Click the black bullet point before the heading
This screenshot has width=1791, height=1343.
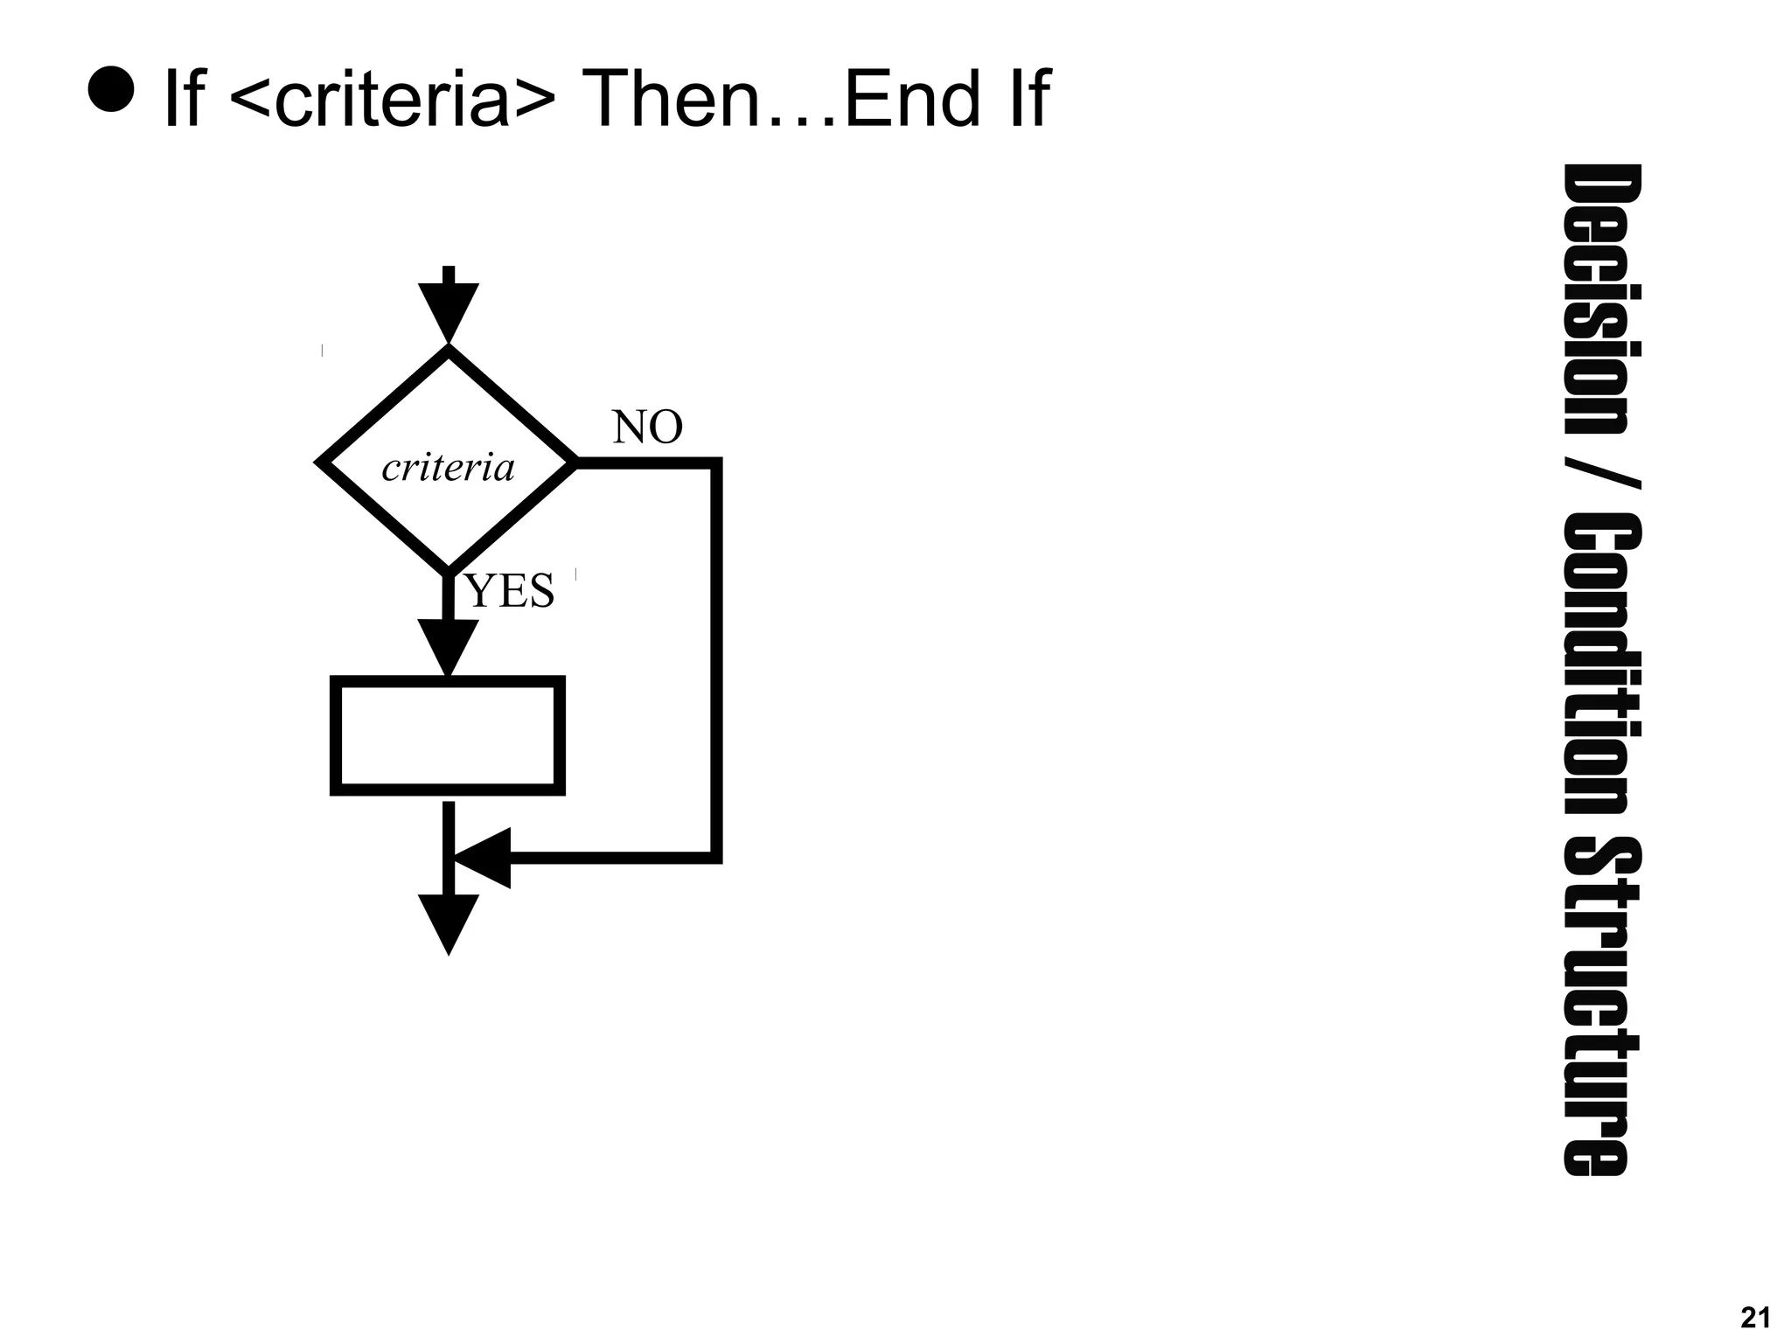111,89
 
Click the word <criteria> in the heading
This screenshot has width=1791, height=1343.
391,100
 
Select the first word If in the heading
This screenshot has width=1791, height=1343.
184,100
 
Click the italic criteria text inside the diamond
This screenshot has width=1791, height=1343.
448,468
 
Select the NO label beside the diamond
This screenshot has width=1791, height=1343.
647,428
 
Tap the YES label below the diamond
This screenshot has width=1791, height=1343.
511,591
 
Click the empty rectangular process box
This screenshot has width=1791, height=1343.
448,735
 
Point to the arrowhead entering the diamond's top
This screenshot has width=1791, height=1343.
449,310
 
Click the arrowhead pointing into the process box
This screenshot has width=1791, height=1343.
448,645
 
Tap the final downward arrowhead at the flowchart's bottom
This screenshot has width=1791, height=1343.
449,922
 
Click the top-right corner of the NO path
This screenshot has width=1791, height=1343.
716,463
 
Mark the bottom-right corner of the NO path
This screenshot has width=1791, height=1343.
716,858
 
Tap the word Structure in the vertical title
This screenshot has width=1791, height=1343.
1602,1006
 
